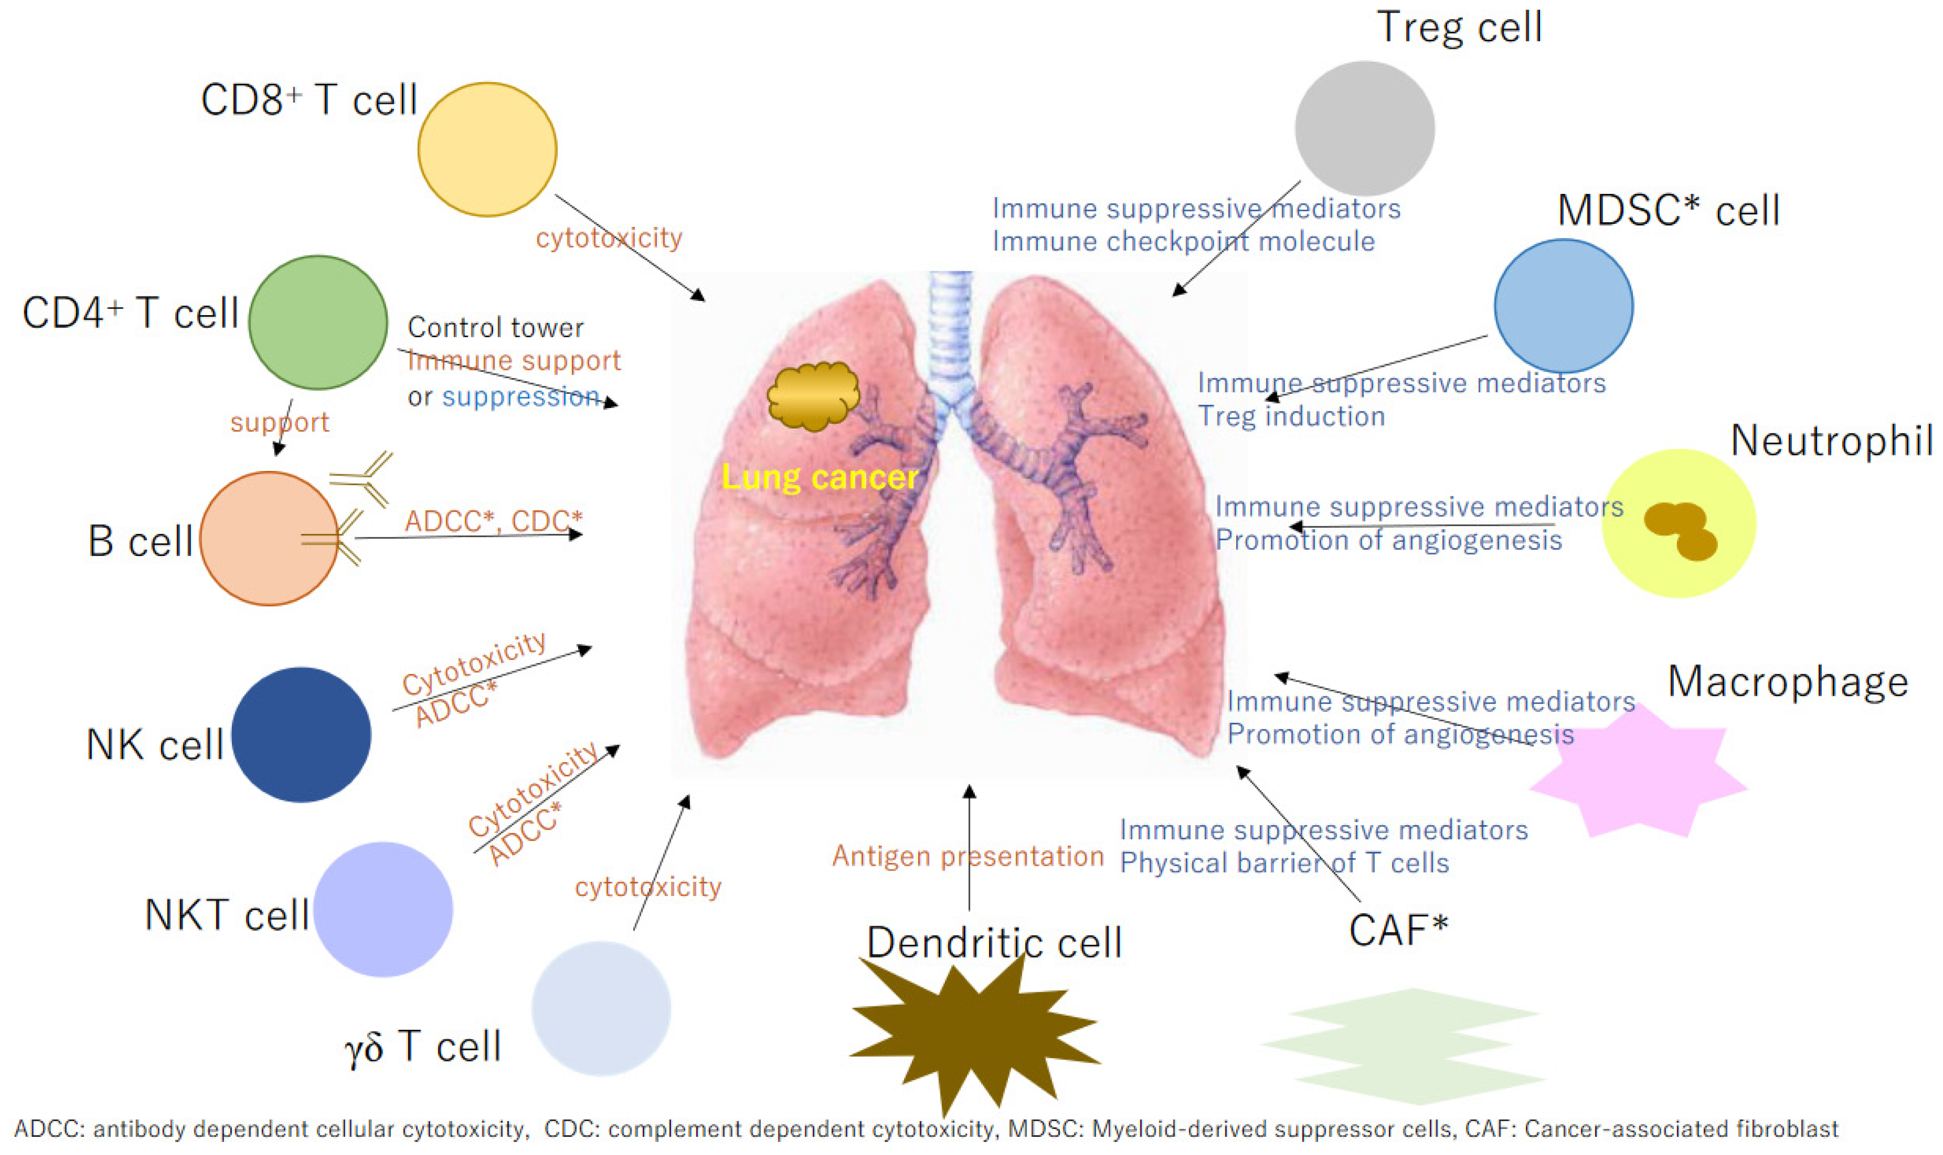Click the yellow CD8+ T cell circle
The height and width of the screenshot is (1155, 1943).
tap(487, 150)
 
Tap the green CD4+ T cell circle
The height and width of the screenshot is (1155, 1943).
tap(317, 322)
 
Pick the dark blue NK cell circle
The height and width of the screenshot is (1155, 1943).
tap(302, 734)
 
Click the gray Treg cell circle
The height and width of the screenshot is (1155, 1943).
tap(1365, 129)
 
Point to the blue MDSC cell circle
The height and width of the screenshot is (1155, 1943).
tap(1563, 306)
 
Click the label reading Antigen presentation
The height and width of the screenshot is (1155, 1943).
tap(967, 856)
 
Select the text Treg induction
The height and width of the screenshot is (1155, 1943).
tap(1291, 417)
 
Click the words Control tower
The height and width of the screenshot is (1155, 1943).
tap(495, 328)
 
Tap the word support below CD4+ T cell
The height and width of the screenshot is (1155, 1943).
tap(279, 423)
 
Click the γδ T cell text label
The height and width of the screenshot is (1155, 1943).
tap(423, 1047)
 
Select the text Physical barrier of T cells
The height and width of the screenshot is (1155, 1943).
tap(1284, 863)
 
